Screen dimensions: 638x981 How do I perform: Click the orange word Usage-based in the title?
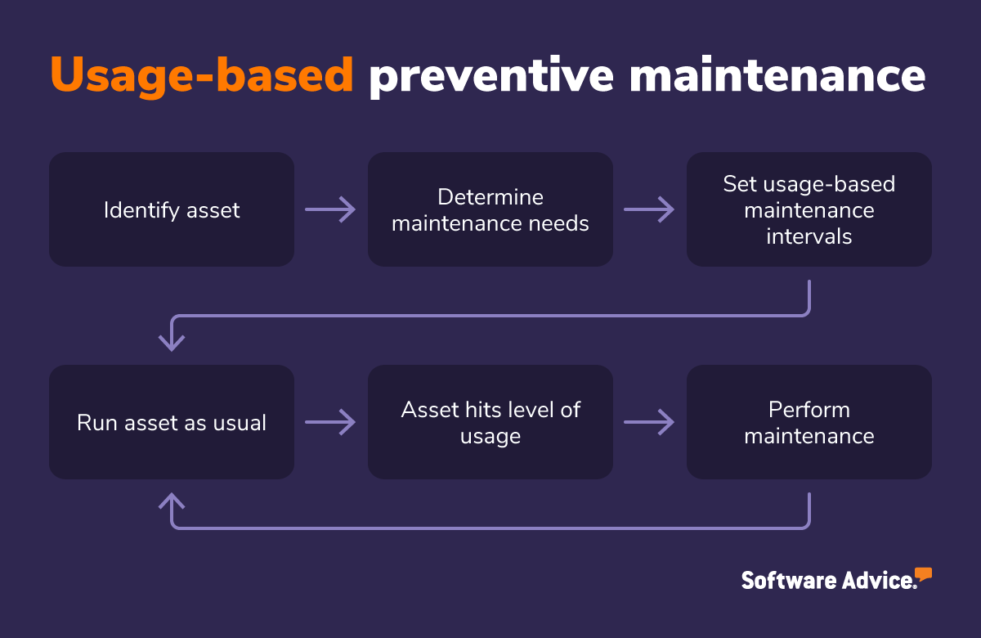[201, 75]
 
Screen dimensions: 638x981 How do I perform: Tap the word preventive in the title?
[490, 75]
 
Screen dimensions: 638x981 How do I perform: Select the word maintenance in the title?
[777, 75]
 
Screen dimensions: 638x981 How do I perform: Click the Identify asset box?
[172, 209]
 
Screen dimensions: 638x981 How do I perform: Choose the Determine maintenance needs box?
[490, 209]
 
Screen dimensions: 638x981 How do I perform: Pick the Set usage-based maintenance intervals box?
[809, 209]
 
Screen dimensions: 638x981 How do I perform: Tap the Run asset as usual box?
[172, 422]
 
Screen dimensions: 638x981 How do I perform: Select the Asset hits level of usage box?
[490, 422]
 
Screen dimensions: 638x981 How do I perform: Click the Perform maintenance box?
[809, 422]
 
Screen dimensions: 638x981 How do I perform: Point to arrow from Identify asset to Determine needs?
[331, 209]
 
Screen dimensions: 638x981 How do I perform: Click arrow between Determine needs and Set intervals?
[650, 209]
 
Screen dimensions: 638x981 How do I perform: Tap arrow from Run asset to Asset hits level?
[331, 422]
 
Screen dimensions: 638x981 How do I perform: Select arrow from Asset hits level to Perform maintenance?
[650, 422]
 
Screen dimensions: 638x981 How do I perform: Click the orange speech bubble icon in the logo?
[923, 573]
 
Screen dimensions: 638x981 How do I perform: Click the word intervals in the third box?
[809, 236]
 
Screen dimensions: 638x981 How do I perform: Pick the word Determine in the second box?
[490, 197]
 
